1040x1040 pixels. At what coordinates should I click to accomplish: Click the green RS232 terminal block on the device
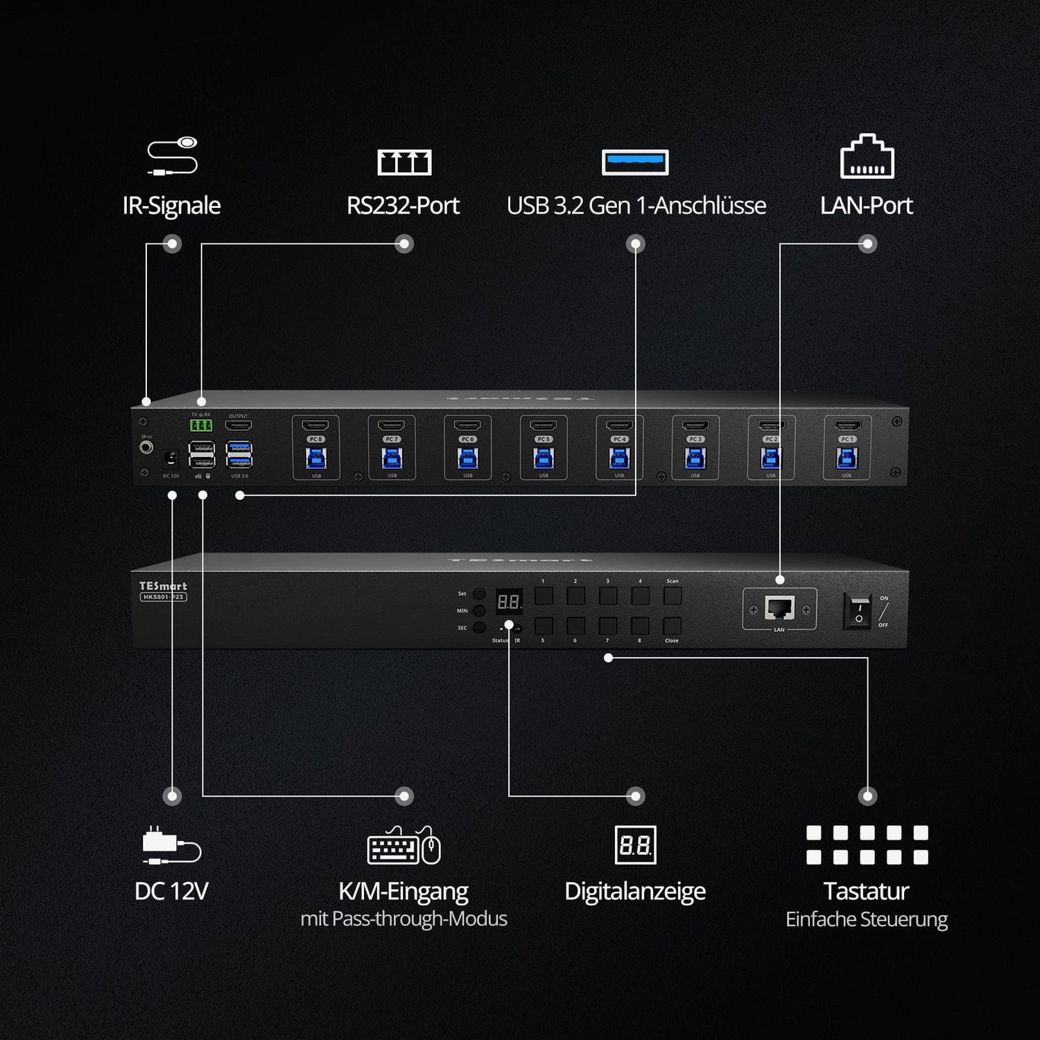tap(201, 425)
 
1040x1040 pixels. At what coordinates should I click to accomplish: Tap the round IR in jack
tap(146, 447)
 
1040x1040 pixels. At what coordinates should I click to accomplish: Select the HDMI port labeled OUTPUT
tap(239, 426)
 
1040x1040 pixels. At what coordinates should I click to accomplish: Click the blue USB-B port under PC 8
tap(316, 458)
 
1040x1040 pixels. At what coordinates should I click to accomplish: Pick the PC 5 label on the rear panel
tap(544, 439)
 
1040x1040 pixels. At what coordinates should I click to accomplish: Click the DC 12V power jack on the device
tap(170, 458)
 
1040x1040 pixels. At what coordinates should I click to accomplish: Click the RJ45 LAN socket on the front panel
tap(779, 608)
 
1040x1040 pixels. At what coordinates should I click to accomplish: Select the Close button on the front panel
tap(672, 625)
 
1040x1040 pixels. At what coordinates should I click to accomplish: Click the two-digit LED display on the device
tap(509, 602)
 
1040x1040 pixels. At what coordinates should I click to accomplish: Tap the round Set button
tap(479, 594)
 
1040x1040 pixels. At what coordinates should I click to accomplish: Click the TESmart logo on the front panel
tap(163, 587)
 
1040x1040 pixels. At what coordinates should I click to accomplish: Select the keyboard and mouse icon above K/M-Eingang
tap(404, 846)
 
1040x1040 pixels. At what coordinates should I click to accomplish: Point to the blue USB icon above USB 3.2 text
tap(635, 162)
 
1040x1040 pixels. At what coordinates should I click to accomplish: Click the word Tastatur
tap(866, 891)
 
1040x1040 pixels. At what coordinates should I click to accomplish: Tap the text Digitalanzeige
tap(635, 891)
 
